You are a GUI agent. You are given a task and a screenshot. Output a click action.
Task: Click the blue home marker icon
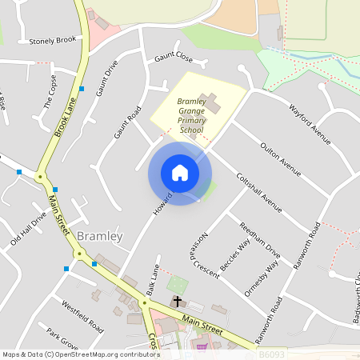click(180, 173)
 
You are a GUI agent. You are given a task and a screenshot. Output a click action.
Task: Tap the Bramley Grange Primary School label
click(192, 116)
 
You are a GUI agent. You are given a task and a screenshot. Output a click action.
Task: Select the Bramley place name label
click(101, 236)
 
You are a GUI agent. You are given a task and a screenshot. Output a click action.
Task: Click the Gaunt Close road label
click(174, 57)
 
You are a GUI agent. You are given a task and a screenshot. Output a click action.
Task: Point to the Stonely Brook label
click(52, 40)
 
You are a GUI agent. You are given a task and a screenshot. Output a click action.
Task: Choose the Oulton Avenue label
click(279, 158)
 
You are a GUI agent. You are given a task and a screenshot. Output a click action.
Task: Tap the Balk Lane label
click(152, 276)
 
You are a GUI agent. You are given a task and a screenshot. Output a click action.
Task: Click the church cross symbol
click(177, 302)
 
